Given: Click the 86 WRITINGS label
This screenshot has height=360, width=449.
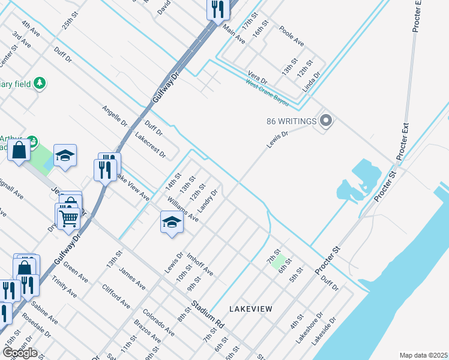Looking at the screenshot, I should (x=291, y=121).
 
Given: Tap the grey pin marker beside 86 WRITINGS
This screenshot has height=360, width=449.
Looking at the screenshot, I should (x=326, y=121).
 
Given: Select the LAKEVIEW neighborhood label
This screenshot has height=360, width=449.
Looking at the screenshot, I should (x=251, y=308).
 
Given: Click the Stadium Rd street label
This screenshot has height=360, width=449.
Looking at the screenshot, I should (x=208, y=317).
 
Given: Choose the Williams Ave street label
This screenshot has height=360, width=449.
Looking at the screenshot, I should (x=183, y=209).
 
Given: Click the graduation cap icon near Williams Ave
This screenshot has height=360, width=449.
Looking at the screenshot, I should (x=171, y=221).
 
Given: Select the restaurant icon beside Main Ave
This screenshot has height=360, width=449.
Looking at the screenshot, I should (x=217, y=8).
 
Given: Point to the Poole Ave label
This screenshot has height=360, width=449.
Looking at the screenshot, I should (x=292, y=39).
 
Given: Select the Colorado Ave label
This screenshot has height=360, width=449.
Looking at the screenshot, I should (x=158, y=322).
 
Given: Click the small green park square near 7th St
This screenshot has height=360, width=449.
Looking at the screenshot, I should (x=277, y=262).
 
